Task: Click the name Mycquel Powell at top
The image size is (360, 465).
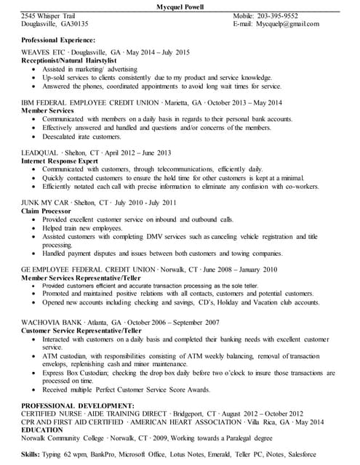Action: click(180, 7)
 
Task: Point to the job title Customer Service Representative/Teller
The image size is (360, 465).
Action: click(81, 330)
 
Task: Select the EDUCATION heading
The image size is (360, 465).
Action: click(41, 429)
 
